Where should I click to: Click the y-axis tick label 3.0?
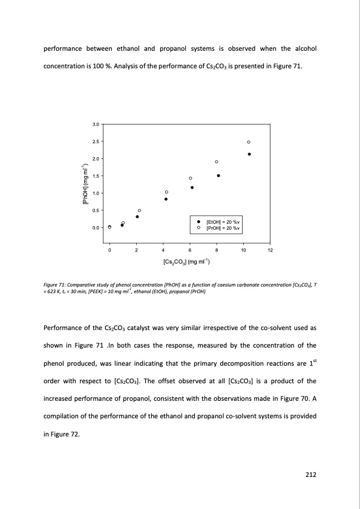(x=96, y=125)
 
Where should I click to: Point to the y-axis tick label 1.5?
(x=96, y=176)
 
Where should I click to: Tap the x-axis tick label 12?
(x=270, y=250)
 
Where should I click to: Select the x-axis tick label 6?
(x=189, y=250)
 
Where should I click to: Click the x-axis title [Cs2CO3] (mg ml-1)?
(x=186, y=262)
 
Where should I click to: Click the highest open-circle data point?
(x=248, y=142)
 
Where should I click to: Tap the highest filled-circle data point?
(x=249, y=154)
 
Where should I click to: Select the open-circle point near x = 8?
(x=216, y=162)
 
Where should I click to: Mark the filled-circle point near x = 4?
(x=166, y=199)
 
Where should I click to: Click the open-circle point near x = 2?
(x=139, y=210)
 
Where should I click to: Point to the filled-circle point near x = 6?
(x=192, y=187)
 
